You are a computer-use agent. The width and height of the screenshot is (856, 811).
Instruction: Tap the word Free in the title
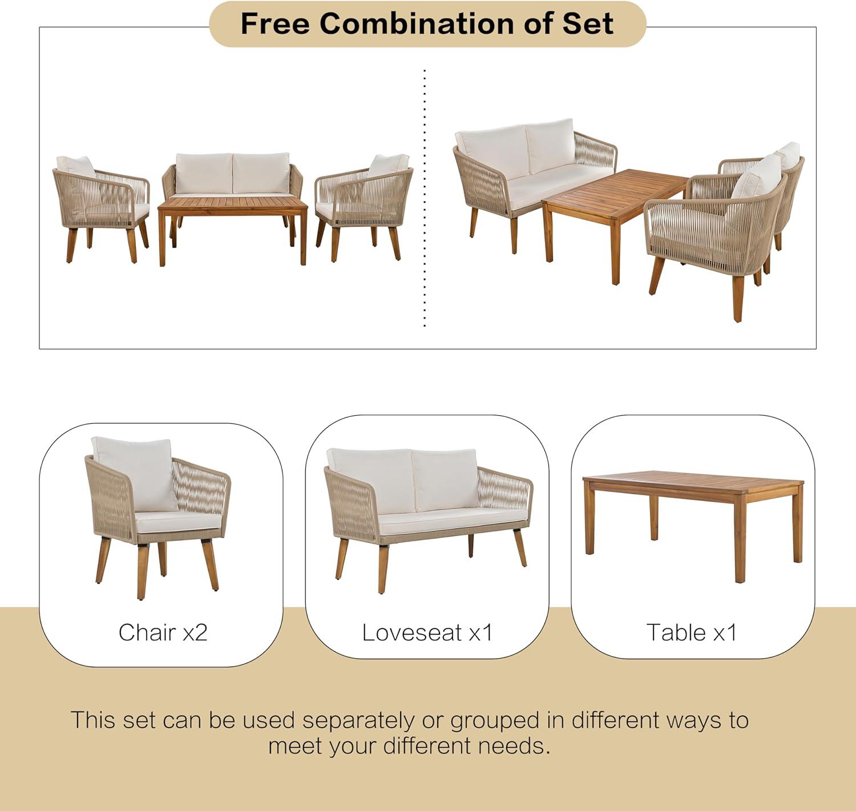[x=275, y=23]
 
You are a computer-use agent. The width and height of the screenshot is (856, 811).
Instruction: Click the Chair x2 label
[x=163, y=632]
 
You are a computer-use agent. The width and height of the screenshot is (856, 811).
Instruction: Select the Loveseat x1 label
[x=427, y=632]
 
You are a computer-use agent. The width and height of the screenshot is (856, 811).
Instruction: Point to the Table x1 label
[x=692, y=632]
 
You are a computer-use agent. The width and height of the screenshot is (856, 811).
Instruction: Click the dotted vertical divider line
[x=425, y=198]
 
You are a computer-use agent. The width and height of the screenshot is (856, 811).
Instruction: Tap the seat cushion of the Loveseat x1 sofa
[x=453, y=521]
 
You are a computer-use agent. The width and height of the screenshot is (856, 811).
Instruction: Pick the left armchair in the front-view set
[x=102, y=209]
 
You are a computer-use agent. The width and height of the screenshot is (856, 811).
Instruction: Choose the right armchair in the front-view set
[x=364, y=207]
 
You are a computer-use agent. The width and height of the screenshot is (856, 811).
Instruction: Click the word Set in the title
[x=588, y=23]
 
